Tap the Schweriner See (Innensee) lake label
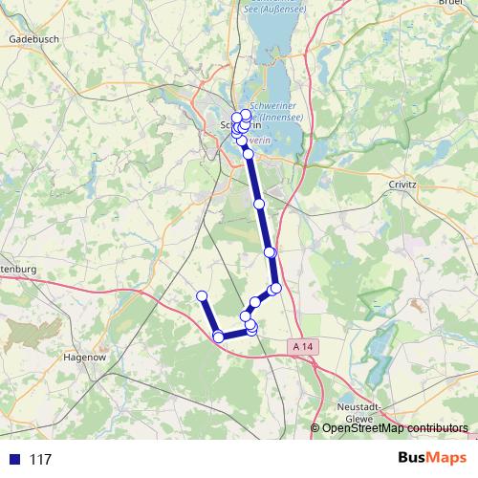(274, 111)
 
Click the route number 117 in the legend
(40, 460)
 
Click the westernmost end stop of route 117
(202, 295)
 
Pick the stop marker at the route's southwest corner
(218, 337)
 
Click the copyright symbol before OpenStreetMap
(315, 428)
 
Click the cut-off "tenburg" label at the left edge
(17, 270)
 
